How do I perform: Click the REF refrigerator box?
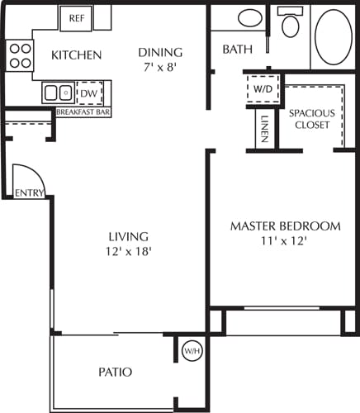(x=77, y=17)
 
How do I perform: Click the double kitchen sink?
(x=57, y=93)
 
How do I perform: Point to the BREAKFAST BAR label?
(x=83, y=112)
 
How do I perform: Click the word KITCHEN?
(x=76, y=55)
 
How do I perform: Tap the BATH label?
(x=238, y=50)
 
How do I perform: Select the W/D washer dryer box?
(x=263, y=88)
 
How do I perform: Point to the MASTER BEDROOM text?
(x=285, y=226)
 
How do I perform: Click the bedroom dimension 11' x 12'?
(x=285, y=241)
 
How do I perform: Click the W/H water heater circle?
(x=192, y=351)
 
